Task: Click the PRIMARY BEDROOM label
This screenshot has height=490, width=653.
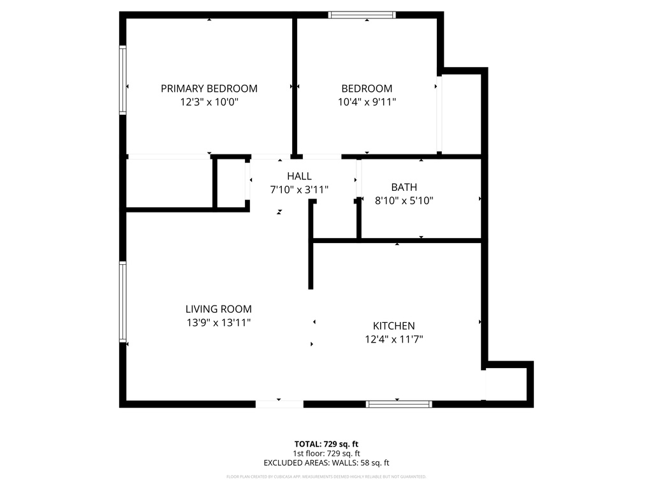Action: [x=209, y=89]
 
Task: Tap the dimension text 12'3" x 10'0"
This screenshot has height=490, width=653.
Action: [x=209, y=101]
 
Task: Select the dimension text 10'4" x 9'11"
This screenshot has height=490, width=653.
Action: [x=367, y=101]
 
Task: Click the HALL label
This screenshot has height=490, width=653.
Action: [x=299, y=176]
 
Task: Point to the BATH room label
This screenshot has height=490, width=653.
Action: [x=404, y=187]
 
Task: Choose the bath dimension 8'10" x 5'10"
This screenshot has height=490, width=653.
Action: [x=404, y=200]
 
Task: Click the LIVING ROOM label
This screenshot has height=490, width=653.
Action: [x=219, y=309]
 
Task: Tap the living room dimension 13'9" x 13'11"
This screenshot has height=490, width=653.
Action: [x=219, y=323]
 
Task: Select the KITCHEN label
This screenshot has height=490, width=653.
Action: [x=393, y=326]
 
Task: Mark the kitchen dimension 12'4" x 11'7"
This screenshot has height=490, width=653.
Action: [x=393, y=339]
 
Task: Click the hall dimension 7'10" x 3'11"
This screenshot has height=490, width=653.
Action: [x=299, y=189]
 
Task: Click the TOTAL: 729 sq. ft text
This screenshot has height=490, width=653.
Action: [x=326, y=443]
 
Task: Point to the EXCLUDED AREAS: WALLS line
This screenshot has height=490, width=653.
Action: [x=326, y=463]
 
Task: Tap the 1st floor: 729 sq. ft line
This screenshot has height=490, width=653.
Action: [x=326, y=453]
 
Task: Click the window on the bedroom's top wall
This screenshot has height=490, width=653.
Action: [x=362, y=15]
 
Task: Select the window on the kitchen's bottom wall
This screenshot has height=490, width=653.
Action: [x=399, y=404]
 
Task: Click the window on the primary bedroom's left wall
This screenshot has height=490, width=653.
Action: [x=123, y=80]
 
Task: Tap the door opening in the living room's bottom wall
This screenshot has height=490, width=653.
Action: [x=279, y=404]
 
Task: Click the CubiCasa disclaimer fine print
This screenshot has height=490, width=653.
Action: [x=326, y=477]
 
